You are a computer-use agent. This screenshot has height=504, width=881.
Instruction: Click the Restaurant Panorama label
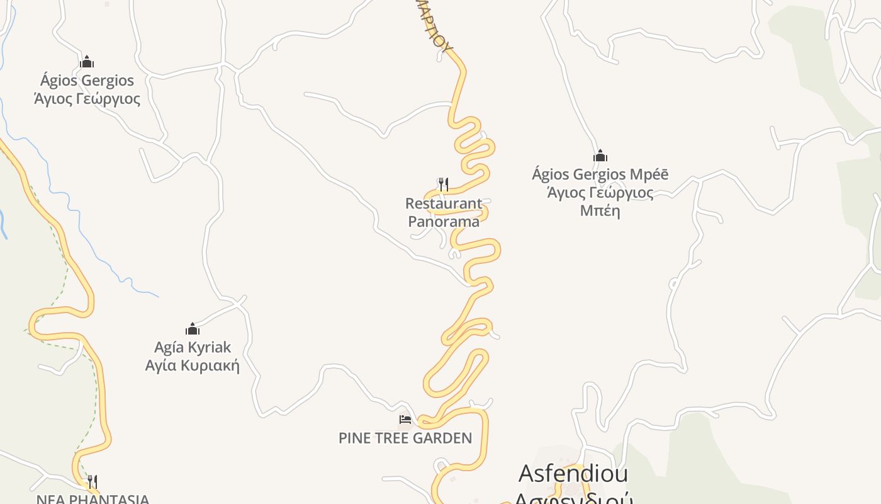444,212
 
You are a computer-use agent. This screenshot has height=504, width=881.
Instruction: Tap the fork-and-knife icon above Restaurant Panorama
444,184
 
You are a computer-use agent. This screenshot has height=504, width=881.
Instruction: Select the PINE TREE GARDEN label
405,438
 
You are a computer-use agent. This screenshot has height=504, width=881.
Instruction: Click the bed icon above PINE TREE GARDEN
405,419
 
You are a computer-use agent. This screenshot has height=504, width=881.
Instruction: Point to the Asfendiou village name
573,473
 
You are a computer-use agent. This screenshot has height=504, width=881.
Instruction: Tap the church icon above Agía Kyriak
193,329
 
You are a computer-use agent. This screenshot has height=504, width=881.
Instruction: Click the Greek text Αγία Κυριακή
193,366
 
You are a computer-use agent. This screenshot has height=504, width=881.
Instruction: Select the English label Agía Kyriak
193,347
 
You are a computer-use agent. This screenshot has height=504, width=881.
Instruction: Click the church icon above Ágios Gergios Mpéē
600,156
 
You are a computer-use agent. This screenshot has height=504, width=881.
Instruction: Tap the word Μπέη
600,210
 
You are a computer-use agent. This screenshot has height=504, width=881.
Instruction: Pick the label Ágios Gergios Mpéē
600,174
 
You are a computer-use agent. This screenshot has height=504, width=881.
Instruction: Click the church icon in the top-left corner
87,62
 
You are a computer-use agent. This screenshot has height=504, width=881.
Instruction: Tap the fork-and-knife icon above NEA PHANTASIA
92,481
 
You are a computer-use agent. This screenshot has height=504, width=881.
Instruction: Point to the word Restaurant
444,203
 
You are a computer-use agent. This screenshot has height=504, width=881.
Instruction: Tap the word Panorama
444,222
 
